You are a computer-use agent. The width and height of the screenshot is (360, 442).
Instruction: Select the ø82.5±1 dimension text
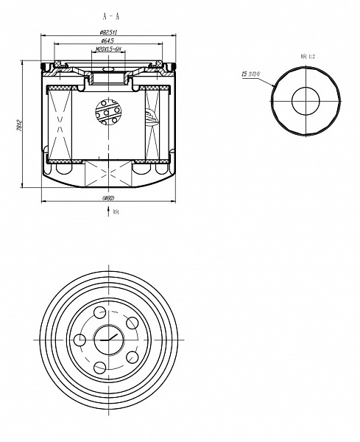(x=110, y=32)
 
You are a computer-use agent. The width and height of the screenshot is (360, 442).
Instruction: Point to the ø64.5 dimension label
(x=110, y=41)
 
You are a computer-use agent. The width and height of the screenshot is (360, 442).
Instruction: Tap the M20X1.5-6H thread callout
(x=109, y=50)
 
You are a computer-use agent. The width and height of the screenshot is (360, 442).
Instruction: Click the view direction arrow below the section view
(x=109, y=211)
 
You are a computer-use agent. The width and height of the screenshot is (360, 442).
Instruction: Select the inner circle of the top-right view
(x=307, y=102)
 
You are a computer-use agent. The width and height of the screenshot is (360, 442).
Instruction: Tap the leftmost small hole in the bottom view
(x=79, y=340)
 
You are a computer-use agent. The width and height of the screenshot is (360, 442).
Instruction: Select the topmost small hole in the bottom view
(x=99, y=312)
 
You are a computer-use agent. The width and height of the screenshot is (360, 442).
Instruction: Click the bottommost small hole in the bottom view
(x=99, y=367)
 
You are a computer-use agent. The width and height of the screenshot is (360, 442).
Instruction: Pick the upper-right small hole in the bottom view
(x=133, y=323)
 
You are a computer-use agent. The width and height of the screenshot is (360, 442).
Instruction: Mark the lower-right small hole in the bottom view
(x=133, y=357)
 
